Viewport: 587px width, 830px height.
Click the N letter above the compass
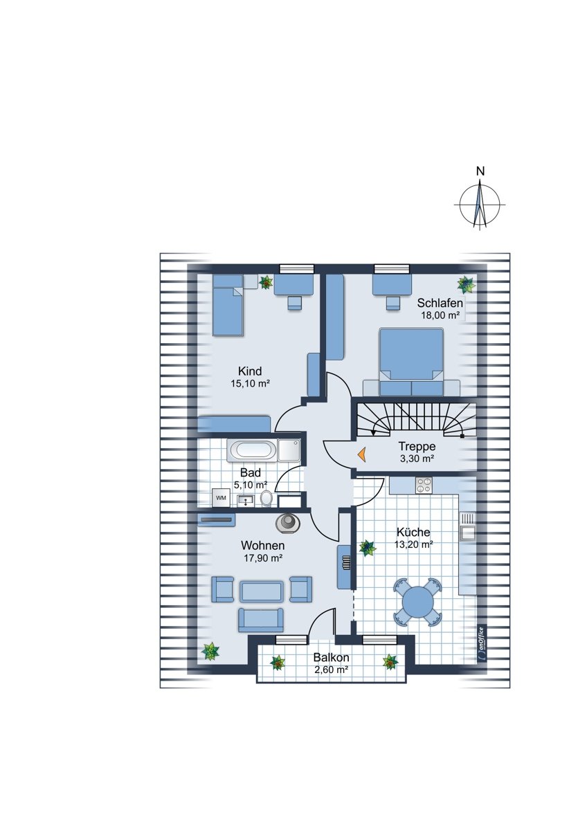(x=480, y=172)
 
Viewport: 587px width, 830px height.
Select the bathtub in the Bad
(x=252, y=450)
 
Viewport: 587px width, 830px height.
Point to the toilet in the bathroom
(x=266, y=499)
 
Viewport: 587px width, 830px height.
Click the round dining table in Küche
(x=417, y=600)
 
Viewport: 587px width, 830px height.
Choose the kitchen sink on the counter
(x=467, y=526)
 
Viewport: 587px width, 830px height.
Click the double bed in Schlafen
(x=412, y=362)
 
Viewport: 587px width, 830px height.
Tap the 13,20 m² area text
(x=413, y=544)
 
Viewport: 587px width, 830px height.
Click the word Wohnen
(x=262, y=546)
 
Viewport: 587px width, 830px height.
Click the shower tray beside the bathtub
(x=289, y=450)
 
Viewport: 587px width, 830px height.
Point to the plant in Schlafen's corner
(x=466, y=284)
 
